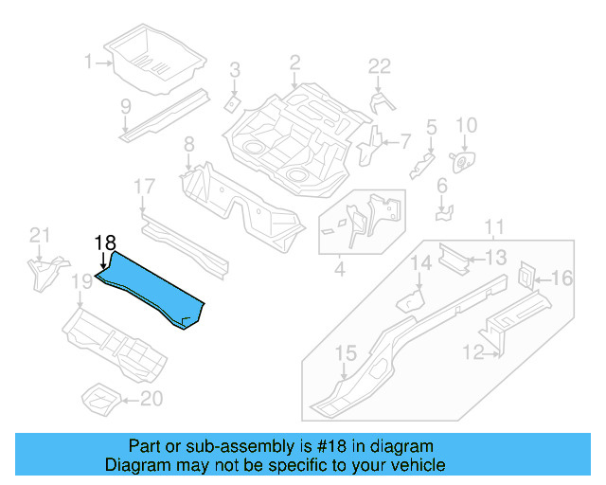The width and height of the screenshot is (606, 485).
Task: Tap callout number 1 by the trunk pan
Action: pyautogui.click(x=88, y=62)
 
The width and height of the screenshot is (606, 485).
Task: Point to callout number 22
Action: pyautogui.click(x=379, y=66)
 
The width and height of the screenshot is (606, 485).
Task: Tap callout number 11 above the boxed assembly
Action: pyautogui.click(x=494, y=227)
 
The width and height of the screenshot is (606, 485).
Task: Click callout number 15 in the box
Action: pyautogui.click(x=346, y=353)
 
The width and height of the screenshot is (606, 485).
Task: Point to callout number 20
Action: pyautogui.click(x=151, y=399)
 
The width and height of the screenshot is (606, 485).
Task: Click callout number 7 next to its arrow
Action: pyautogui.click(x=405, y=142)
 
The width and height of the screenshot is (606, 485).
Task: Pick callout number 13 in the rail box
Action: pyautogui.click(x=496, y=257)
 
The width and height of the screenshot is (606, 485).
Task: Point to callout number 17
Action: pyautogui.click(x=143, y=187)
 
